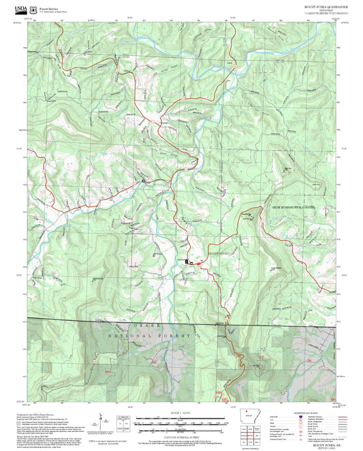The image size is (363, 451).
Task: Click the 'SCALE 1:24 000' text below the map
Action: pyautogui.click(x=180, y=413)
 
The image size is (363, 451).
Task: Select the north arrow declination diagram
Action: pyautogui.click(x=101, y=421)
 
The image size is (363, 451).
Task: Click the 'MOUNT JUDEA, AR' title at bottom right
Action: pyautogui.click(x=323, y=442)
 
